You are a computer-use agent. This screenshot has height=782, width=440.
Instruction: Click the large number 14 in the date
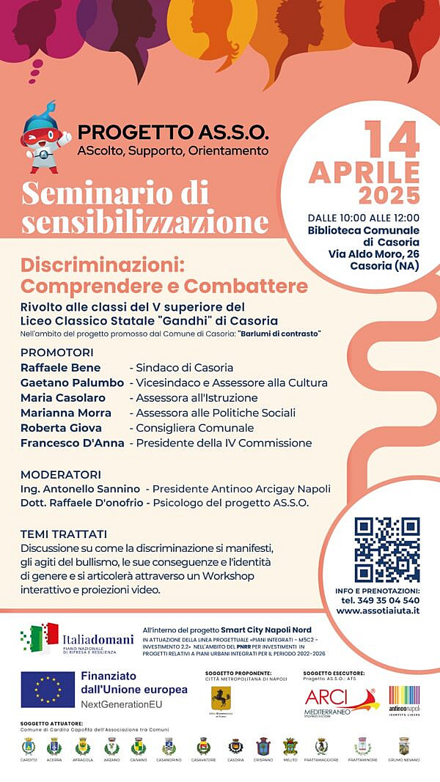coord(392,139)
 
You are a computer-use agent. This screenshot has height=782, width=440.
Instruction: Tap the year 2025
coord(389,196)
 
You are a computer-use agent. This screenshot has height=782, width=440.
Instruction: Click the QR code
coord(386,549)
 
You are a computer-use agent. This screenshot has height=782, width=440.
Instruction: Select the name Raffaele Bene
coord(61,367)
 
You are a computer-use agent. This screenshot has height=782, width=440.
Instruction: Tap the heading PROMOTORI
coord(57,352)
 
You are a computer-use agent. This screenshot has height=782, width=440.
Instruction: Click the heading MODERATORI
coord(61,474)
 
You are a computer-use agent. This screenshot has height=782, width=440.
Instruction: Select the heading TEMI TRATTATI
coord(64,534)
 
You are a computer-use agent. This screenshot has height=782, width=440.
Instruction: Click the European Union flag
coord(48,690)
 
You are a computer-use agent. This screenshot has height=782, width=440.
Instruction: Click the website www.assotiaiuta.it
coord(378,610)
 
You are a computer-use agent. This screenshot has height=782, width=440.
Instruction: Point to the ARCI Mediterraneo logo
coord(340,701)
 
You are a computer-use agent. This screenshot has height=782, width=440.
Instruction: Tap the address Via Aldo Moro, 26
coord(374,254)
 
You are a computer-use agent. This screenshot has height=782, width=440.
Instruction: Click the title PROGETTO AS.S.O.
coord(173,133)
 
